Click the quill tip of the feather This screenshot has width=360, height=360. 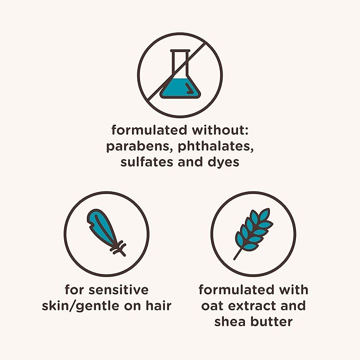(124, 254)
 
